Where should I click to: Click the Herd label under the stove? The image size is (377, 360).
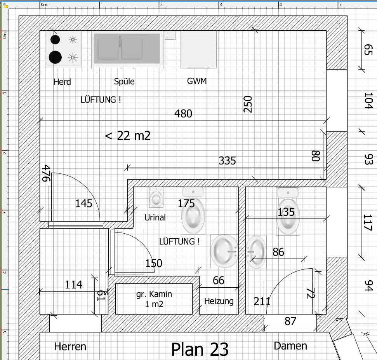pos(62,82)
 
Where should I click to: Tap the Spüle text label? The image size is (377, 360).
pos(124,81)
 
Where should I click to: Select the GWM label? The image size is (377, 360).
pos(197,81)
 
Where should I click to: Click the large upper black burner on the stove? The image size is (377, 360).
pos(55,40)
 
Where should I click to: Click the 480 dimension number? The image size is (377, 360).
pos(183,114)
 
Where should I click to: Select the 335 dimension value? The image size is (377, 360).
pos(227,161)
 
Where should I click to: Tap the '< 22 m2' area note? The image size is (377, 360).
pos(128,136)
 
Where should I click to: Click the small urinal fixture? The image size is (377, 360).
pos(156,197)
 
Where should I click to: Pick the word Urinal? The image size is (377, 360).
pos(155,217)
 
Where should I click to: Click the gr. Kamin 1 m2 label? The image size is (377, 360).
pos(154,299)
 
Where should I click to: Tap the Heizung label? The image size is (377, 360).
pos(219,301)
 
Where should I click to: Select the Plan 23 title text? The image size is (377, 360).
pos(200,350)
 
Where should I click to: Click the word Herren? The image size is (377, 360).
pos(70,347)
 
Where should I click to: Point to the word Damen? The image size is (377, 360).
pos(290,346)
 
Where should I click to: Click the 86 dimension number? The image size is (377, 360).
pos(278,252)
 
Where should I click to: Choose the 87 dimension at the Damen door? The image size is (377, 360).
pos(290,321)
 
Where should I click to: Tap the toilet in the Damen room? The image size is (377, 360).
pos(288,211)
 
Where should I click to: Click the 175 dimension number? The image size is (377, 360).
pos(186,204)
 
